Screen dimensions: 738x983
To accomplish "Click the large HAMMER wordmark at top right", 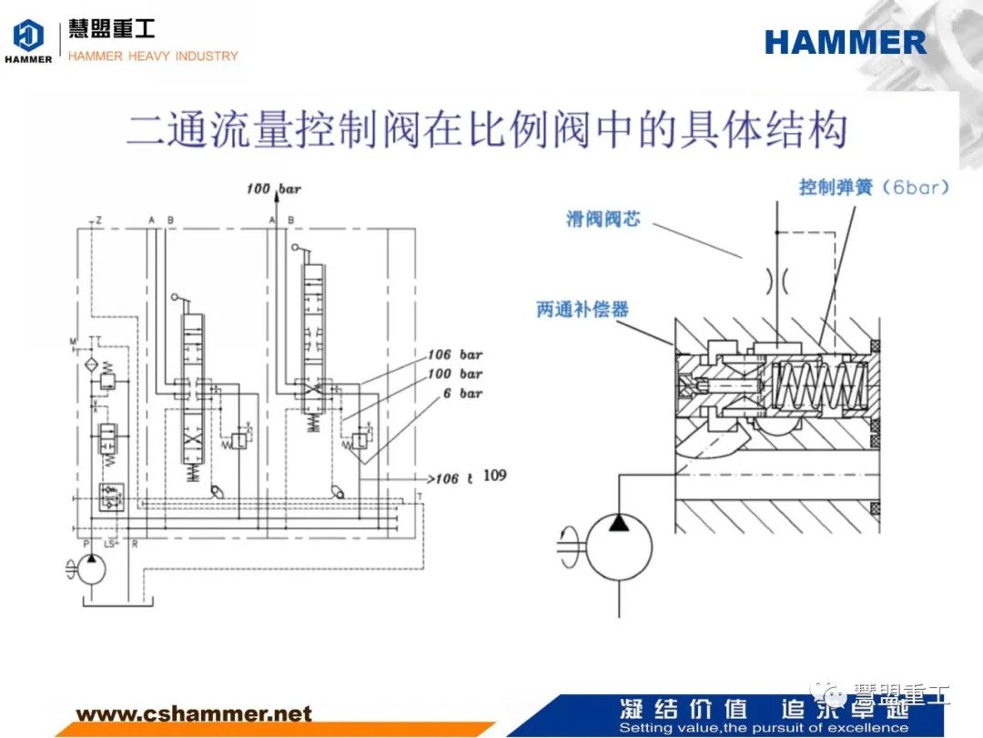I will coord(845,42).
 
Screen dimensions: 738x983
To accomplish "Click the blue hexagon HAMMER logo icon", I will coord(28,36).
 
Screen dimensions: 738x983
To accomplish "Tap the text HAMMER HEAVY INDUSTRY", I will coord(153,56).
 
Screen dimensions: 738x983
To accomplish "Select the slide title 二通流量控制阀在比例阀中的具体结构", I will coord(486,131).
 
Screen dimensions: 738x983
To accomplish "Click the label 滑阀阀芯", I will coord(603,219).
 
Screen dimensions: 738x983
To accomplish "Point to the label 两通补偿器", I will coord(583,310).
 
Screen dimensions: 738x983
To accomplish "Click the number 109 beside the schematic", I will coord(494,476).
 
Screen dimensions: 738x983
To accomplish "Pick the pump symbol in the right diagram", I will coord(618,544).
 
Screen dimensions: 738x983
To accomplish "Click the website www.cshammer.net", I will coord(193,713).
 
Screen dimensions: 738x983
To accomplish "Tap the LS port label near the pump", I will coord(111,544).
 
